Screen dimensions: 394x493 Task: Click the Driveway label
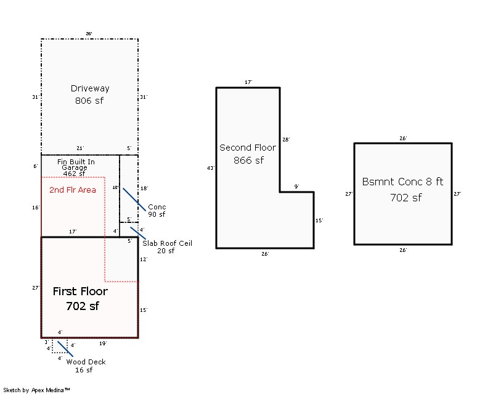click(90, 88)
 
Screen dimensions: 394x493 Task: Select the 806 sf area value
click(90, 100)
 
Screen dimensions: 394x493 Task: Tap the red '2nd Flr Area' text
click(72, 190)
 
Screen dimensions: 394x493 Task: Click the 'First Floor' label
click(80, 291)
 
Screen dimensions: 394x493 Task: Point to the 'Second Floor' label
click(248, 148)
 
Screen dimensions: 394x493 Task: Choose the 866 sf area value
click(248, 160)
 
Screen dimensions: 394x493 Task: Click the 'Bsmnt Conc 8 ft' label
click(402, 182)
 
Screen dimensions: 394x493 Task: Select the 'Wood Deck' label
click(86, 362)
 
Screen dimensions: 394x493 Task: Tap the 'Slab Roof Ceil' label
click(167, 243)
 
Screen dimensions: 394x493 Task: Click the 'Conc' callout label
click(157, 207)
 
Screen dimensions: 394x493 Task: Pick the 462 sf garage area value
click(74, 174)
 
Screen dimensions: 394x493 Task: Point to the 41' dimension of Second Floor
click(211, 167)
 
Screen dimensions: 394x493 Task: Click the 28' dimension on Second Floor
click(285, 140)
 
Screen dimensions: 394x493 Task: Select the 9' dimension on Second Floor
click(296, 187)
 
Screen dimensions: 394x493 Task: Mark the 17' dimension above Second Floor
click(248, 82)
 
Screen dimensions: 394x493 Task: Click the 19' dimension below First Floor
click(103, 343)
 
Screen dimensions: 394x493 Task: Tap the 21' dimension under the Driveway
click(80, 148)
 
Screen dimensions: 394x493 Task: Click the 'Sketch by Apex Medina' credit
click(36, 390)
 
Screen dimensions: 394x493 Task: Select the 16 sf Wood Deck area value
click(84, 370)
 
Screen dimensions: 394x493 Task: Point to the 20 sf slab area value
click(166, 251)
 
